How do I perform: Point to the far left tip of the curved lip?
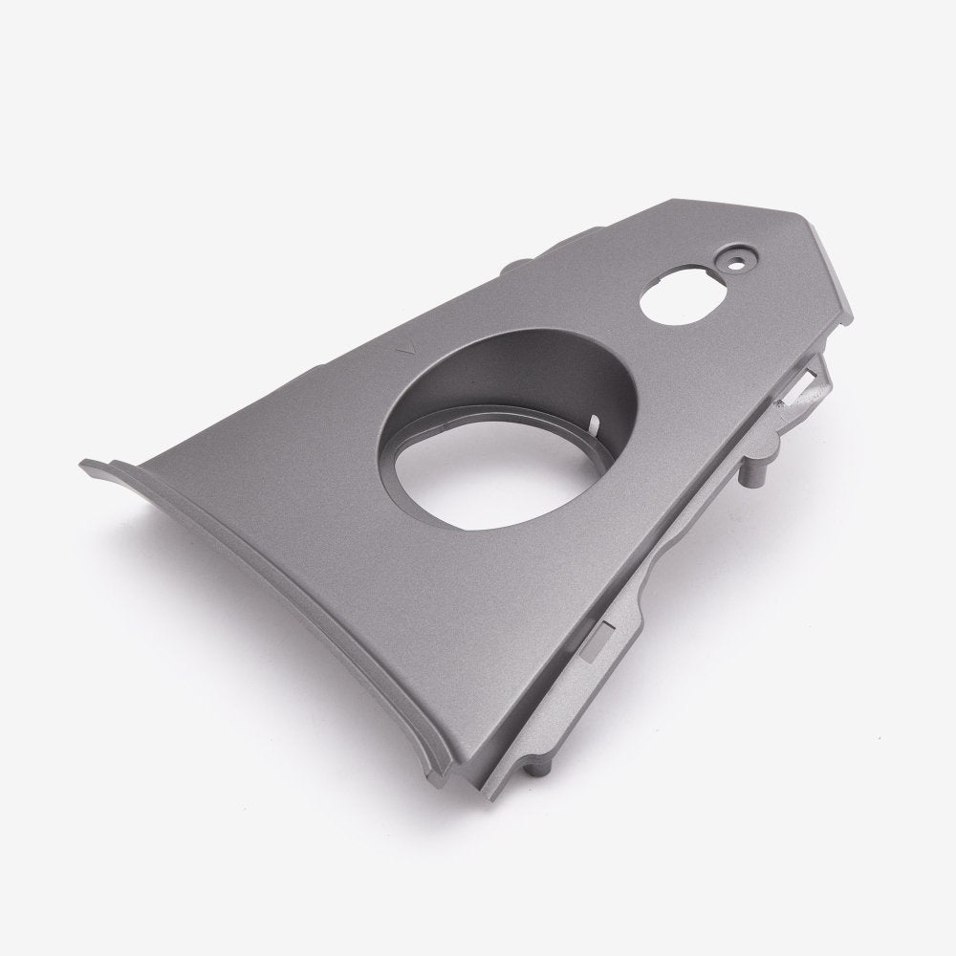pos(84,466)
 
